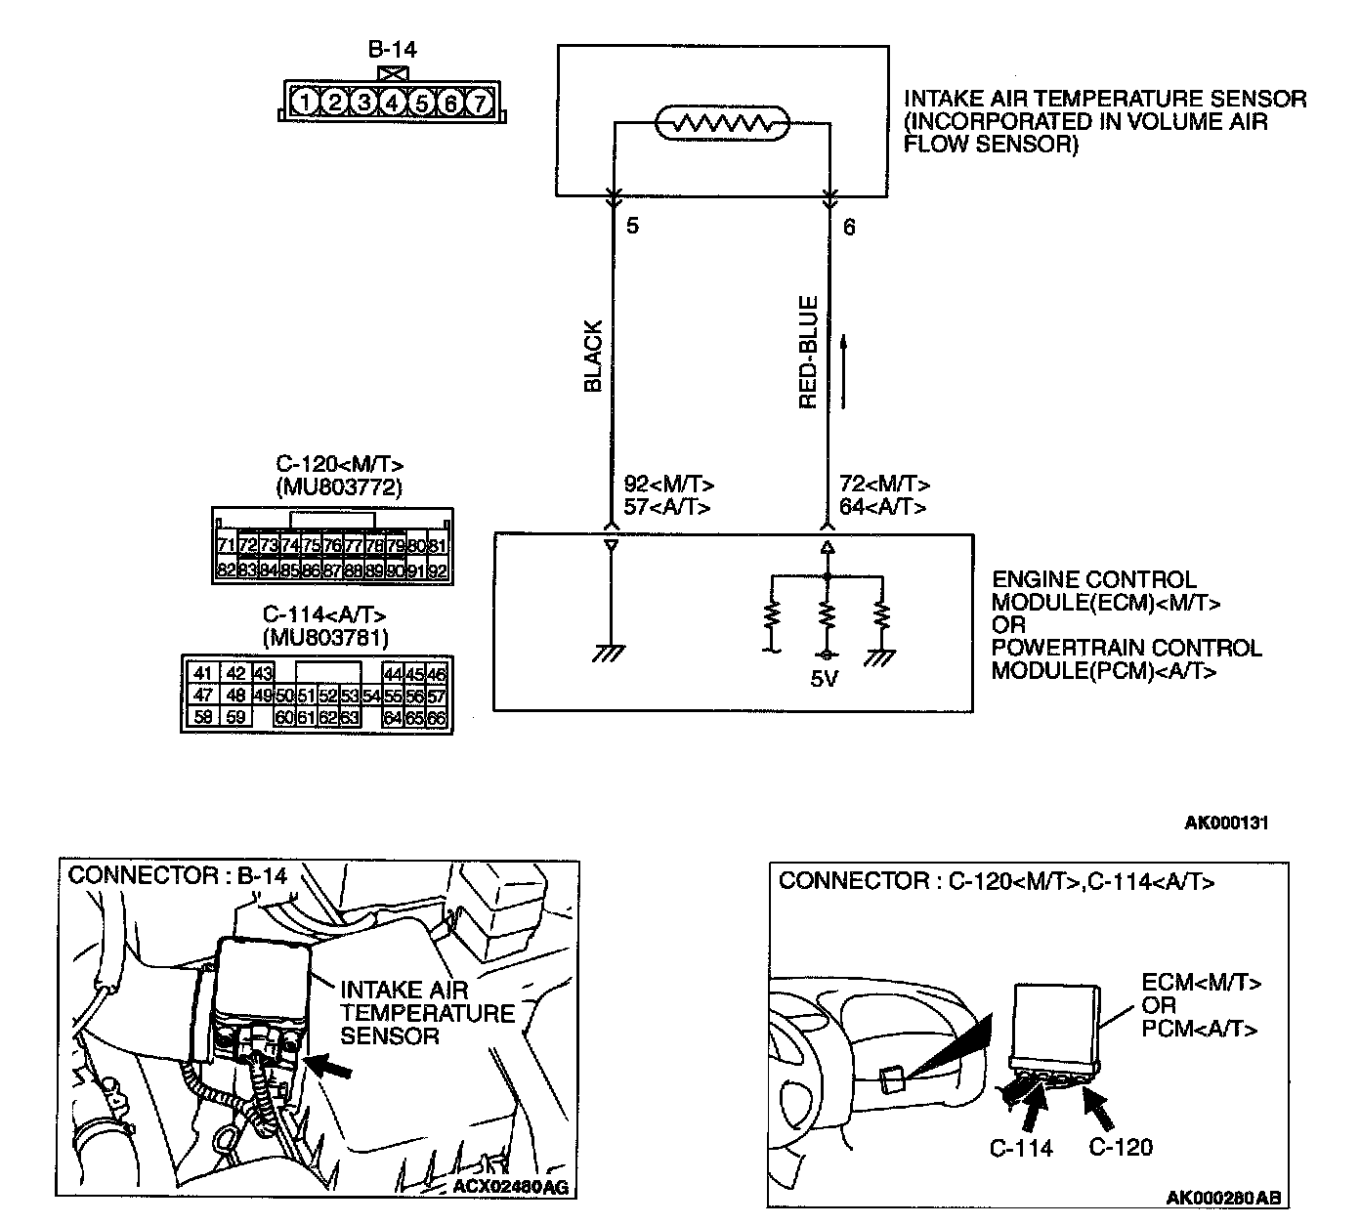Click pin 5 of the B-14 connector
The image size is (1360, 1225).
422,103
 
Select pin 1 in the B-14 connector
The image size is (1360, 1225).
306,103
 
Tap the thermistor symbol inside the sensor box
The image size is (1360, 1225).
721,123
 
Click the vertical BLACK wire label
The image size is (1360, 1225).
593,357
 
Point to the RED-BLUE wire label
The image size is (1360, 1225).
809,353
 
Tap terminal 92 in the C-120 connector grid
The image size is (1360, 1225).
437,570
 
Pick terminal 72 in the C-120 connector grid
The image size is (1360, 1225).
247,545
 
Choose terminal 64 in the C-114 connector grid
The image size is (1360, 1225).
393,718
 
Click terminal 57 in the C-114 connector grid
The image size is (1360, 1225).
436,696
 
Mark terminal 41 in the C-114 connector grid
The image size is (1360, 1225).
203,673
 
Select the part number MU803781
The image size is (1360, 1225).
325,638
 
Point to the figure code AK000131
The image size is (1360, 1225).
1226,823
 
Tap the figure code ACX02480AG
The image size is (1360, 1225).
510,1188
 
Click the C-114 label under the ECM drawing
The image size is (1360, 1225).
1021,1148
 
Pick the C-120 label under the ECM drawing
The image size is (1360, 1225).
1121,1148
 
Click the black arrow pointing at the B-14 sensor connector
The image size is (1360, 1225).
334,1067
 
